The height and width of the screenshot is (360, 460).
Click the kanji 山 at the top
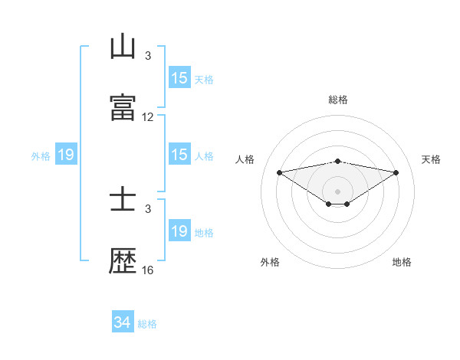(x=123, y=47)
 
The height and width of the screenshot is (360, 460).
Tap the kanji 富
(x=123, y=108)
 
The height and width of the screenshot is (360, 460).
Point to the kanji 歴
(x=123, y=262)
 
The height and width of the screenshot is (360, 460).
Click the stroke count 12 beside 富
(x=148, y=117)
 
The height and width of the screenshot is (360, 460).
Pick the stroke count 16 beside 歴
(x=148, y=270)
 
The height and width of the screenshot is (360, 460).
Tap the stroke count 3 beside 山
(x=148, y=55)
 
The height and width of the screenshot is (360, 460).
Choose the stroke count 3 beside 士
(x=148, y=208)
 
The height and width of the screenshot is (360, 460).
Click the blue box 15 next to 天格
(x=179, y=78)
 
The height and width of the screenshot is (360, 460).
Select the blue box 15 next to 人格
(x=179, y=155)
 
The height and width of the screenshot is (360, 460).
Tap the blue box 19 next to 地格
(x=179, y=231)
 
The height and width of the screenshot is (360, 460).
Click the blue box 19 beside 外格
(x=66, y=155)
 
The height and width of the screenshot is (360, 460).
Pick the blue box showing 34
(x=123, y=322)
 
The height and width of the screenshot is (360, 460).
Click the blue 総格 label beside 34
(x=147, y=324)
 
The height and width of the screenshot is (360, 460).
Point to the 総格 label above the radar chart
(x=338, y=100)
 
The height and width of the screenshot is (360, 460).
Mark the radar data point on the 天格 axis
(x=396, y=172)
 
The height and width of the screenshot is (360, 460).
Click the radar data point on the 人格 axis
(x=279, y=172)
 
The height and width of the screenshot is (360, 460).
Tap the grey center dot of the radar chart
(x=338, y=191)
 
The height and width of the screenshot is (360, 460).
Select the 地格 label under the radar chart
(x=402, y=262)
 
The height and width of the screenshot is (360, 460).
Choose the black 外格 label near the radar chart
(x=270, y=262)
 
